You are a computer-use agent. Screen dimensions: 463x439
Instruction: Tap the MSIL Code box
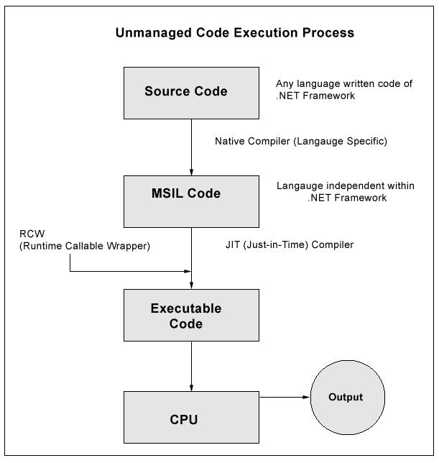(186, 194)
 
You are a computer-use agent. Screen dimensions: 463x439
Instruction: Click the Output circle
(346, 397)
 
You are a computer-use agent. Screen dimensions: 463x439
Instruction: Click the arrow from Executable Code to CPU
(191, 366)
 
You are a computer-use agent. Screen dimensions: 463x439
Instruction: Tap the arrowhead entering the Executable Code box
(191, 285)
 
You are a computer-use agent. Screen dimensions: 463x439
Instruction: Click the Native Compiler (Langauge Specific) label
(301, 142)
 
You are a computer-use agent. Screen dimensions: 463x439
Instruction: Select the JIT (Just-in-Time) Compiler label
(289, 245)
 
